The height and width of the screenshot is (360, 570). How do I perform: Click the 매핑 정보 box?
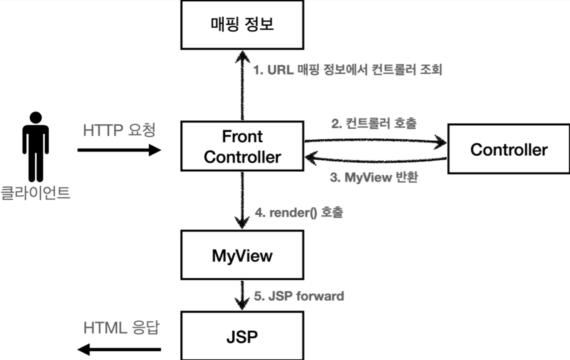[242, 24]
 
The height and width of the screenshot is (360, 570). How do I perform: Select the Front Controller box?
[242, 146]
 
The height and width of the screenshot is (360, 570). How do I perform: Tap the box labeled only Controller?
[508, 149]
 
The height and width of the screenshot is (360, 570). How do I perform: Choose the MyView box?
[242, 255]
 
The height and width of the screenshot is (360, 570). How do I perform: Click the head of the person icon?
[36, 117]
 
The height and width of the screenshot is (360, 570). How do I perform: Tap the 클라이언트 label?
[35, 193]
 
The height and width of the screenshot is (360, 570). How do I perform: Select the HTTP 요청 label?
[119, 130]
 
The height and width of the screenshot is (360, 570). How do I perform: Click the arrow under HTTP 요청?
[119, 150]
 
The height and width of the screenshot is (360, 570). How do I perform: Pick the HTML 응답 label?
[121, 328]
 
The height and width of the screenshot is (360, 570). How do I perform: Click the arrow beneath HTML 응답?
[119, 349]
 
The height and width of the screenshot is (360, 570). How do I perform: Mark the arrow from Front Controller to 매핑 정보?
[242, 86]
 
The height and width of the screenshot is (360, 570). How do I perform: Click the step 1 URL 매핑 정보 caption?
[347, 70]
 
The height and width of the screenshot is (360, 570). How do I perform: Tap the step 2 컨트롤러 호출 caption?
[374, 124]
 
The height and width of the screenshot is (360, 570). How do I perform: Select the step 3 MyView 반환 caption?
[374, 177]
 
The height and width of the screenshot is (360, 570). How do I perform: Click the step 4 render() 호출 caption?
[299, 212]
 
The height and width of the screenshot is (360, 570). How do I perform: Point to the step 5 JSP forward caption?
[299, 296]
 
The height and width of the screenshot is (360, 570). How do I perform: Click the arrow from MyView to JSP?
[242, 295]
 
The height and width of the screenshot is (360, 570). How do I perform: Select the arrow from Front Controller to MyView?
[242, 200]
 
